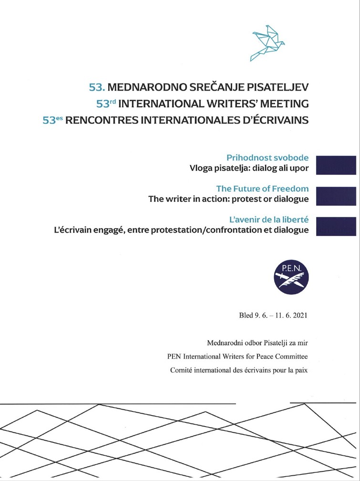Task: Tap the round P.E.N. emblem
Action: (x=291, y=278)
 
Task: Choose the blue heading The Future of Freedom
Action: (x=262, y=188)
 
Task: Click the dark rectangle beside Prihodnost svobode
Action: (x=336, y=165)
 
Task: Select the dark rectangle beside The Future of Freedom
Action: (x=336, y=196)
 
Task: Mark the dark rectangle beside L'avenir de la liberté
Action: (x=336, y=226)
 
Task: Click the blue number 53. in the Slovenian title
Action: (x=97, y=88)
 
